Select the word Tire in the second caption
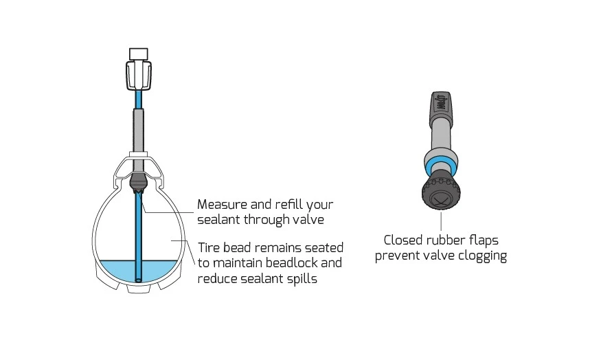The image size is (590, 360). point(209,248)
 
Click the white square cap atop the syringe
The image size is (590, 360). point(139,54)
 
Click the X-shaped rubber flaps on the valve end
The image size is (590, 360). point(440,199)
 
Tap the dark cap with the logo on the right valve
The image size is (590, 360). point(441,104)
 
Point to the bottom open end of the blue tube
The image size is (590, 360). point(139,280)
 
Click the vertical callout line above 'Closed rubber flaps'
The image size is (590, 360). point(441,221)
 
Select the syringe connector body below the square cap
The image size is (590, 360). point(139,76)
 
